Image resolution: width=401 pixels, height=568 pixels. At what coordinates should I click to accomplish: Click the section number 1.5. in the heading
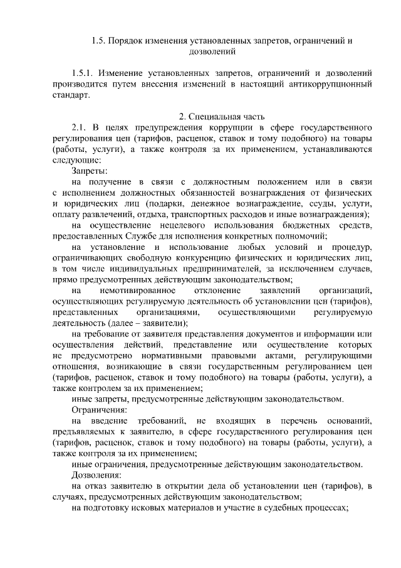coord(97,41)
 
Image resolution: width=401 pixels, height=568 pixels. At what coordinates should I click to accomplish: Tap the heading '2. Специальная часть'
coord(212,116)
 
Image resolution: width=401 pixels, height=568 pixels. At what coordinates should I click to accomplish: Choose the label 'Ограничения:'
coord(99,409)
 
